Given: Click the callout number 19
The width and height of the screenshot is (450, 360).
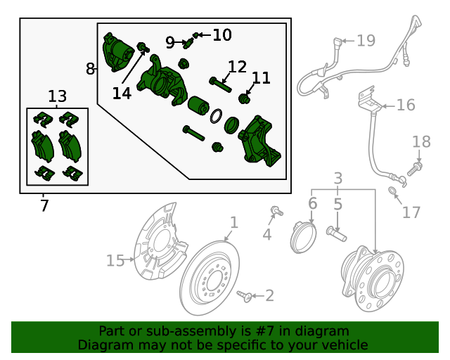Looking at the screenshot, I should tap(366, 41).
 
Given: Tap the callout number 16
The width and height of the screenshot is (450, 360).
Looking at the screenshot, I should tap(405, 105).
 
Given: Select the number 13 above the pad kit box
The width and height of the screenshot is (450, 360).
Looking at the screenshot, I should tap(58, 96).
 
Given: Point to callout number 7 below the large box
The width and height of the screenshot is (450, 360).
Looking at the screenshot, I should tap(44, 205).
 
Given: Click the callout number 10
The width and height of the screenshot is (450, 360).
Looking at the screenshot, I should tap(221, 34).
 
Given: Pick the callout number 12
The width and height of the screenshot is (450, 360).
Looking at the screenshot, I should tap(237, 67).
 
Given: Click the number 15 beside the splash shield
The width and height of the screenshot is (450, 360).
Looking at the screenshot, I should tap(115, 261).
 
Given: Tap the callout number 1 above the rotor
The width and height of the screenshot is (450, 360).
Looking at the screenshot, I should tap(234, 223).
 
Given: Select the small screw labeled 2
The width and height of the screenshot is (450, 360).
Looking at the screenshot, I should tap(245, 295).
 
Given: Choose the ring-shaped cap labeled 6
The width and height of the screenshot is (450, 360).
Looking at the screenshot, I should tap(302, 236).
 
